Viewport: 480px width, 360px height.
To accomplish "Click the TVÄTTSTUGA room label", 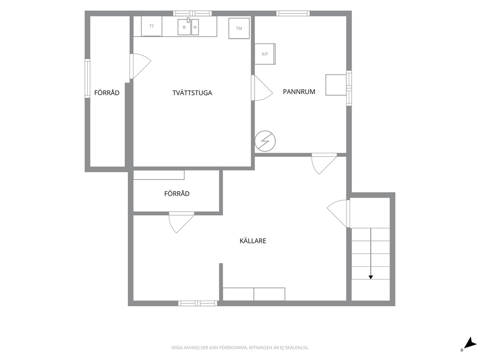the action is tap(192, 93).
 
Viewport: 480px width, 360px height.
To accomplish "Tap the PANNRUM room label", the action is tap(299, 91).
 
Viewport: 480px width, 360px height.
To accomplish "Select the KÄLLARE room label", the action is tap(253, 240).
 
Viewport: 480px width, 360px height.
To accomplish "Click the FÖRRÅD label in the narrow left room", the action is tap(107, 93).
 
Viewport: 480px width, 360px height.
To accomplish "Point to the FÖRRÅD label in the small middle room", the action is tap(177, 194).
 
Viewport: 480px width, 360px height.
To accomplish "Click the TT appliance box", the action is tap(151, 26).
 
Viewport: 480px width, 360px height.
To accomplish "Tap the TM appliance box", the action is tap(239, 29).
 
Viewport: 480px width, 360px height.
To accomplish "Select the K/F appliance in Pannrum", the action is tap(265, 54).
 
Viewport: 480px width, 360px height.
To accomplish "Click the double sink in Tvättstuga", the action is tap(188, 27).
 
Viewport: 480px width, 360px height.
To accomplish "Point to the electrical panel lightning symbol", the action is tap(265, 141).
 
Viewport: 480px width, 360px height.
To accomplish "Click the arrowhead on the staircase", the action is tap(371, 277).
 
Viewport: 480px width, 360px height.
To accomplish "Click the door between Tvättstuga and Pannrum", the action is tap(262, 88).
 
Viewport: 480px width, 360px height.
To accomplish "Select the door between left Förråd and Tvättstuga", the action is tap(140, 66).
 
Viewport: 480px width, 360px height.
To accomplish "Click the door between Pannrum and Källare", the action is tap(325, 164).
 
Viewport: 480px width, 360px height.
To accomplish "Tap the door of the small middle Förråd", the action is tap(181, 222).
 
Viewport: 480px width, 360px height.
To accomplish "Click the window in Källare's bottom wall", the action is tap(198, 303).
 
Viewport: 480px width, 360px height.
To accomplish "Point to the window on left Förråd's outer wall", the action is tap(88, 78).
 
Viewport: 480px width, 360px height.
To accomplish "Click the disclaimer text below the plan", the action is tap(240, 348).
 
